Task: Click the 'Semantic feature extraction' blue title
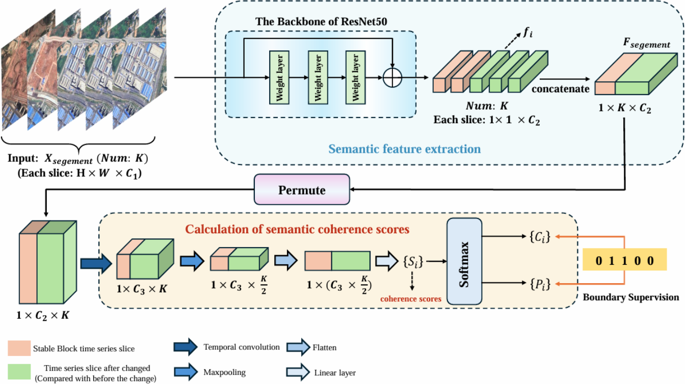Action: point(404,149)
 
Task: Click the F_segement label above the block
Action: point(646,44)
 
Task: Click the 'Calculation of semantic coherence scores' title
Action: point(297,229)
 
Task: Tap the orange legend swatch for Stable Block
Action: point(19,349)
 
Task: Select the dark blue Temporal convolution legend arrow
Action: point(186,347)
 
